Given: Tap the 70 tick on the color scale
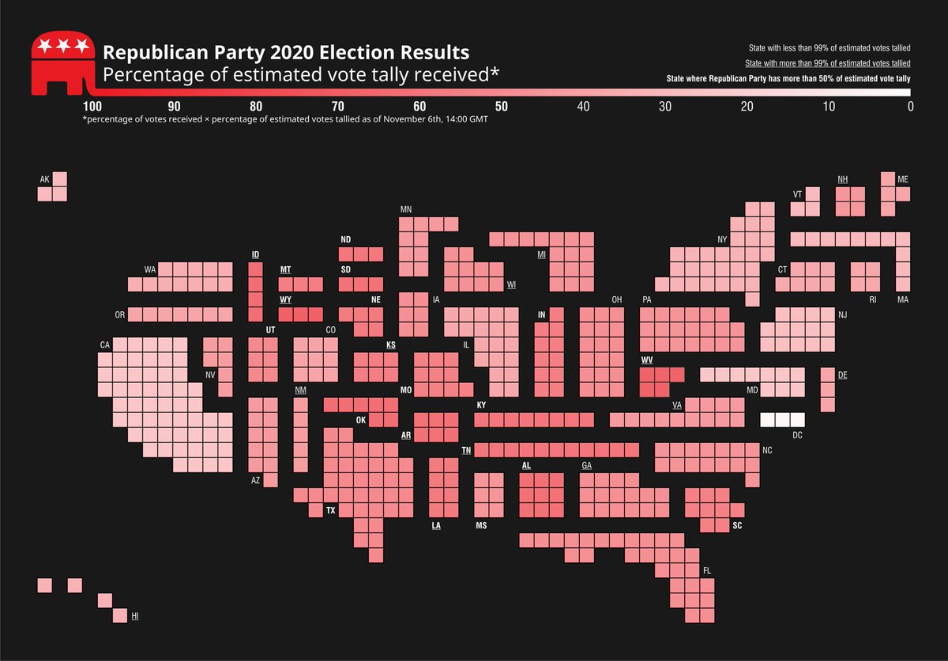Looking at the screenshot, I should click(x=337, y=107).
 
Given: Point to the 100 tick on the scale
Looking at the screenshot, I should click(x=92, y=107).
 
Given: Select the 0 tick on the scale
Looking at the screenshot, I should click(x=910, y=107).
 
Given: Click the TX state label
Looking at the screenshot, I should click(x=331, y=511).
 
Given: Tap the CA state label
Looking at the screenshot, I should click(x=104, y=344).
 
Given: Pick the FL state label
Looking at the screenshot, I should click(x=707, y=570).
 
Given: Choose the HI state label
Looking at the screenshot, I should click(x=135, y=614).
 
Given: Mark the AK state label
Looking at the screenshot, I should click(x=44, y=180).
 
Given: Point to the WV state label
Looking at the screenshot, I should click(x=646, y=359).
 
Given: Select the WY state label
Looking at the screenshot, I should click(x=285, y=300).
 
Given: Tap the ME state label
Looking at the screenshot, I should click(x=903, y=179).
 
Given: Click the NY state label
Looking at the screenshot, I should click(x=722, y=239).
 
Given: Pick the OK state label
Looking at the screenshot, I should click(x=361, y=419).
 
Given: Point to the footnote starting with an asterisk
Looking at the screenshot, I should click(x=284, y=120).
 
